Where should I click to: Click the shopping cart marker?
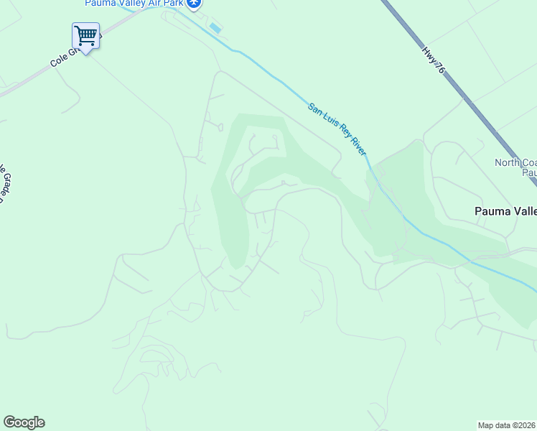[85, 36]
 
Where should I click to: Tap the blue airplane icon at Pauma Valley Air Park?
[193, 4]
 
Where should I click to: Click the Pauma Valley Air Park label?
[133, 4]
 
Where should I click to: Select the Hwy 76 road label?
[434, 59]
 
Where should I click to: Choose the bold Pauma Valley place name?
[505, 211]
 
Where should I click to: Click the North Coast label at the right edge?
[515, 162]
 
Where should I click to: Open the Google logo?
[24, 422]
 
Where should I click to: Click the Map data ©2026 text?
[507, 425]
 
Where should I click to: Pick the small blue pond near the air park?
[215, 28]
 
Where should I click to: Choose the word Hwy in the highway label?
[429, 52]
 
